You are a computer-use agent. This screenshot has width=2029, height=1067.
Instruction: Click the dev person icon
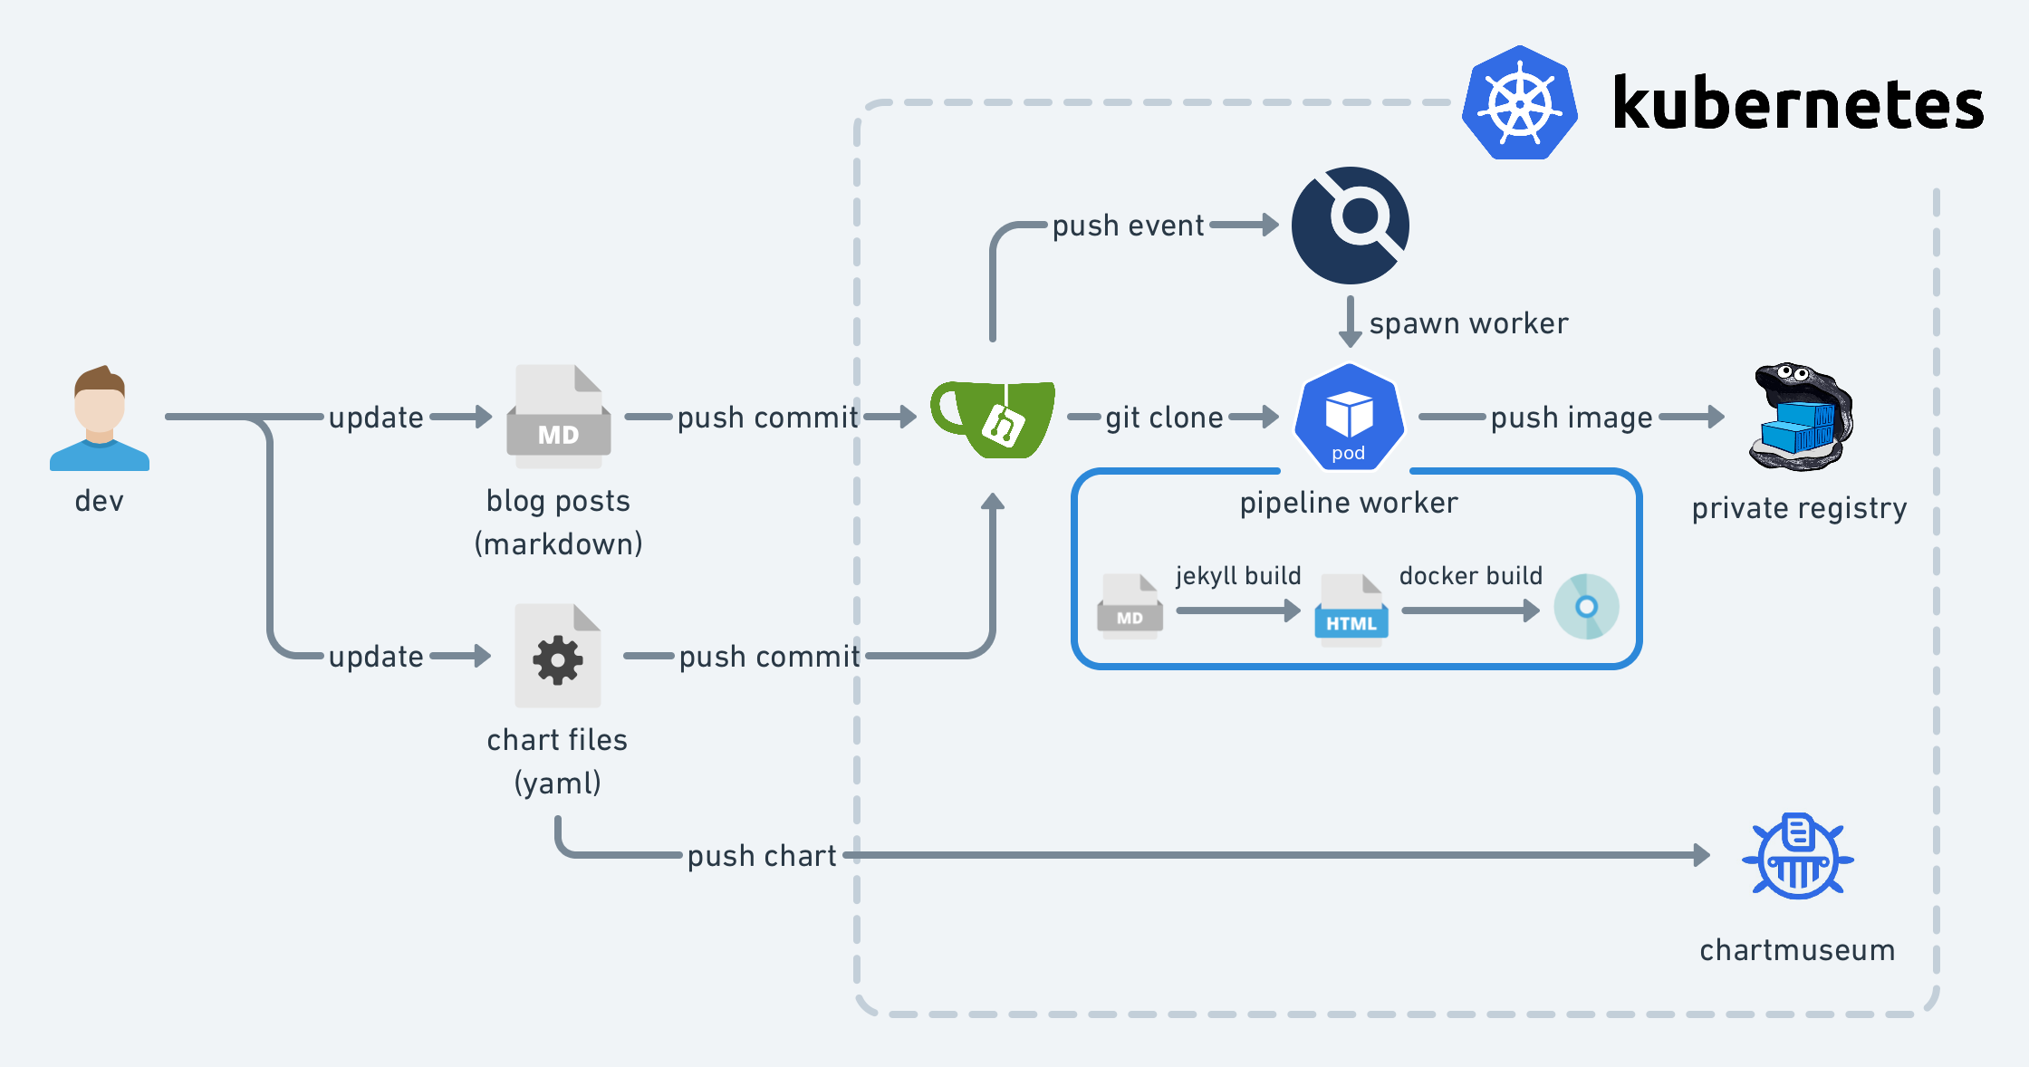(100, 418)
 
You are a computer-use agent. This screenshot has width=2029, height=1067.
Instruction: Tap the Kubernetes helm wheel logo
(1520, 103)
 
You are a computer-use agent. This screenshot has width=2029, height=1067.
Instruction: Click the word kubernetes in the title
(1798, 105)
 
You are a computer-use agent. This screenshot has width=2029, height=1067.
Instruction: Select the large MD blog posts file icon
(559, 417)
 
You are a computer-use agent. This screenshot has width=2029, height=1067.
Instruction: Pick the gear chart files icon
(558, 656)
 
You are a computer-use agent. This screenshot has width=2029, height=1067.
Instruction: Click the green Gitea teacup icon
(994, 418)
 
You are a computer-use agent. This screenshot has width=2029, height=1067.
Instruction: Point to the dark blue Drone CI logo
(1351, 225)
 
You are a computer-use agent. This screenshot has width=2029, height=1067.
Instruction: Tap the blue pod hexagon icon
(1350, 418)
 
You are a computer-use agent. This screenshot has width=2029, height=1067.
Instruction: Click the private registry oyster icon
(1801, 418)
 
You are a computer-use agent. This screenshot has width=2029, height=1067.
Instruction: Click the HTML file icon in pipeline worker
(1351, 610)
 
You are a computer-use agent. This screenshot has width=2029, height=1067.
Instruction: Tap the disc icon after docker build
(1586, 607)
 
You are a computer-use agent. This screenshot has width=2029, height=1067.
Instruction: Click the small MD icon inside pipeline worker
(1130, 606)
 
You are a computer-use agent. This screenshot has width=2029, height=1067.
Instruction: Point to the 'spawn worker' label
(1468, 323)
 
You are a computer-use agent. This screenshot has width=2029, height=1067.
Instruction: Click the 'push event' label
(1128, 226)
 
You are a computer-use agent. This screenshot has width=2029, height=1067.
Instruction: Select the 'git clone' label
(1164, 418)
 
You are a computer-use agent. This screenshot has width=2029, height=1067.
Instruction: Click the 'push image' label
(1572, 418)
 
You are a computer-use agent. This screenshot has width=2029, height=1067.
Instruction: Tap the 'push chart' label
(762, 856)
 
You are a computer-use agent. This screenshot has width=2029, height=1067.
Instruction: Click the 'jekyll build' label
(1238, 576)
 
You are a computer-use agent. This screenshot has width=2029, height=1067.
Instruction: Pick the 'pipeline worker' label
(1349, 503)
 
